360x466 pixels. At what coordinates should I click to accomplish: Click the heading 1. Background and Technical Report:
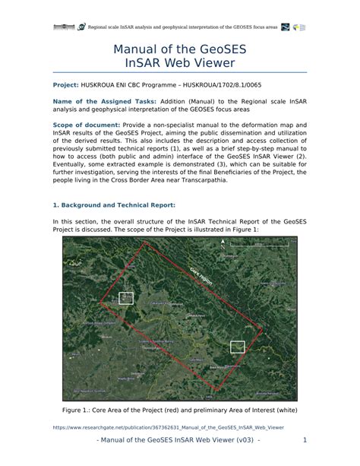(x=114, y=205)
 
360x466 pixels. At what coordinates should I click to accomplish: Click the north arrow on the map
(x=223, y=244)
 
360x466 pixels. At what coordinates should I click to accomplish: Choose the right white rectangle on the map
(x=238, y=347)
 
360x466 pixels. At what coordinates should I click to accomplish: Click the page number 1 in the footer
(x=303, y=441)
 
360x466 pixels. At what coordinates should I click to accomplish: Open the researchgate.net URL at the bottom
(x=169, y=427)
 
